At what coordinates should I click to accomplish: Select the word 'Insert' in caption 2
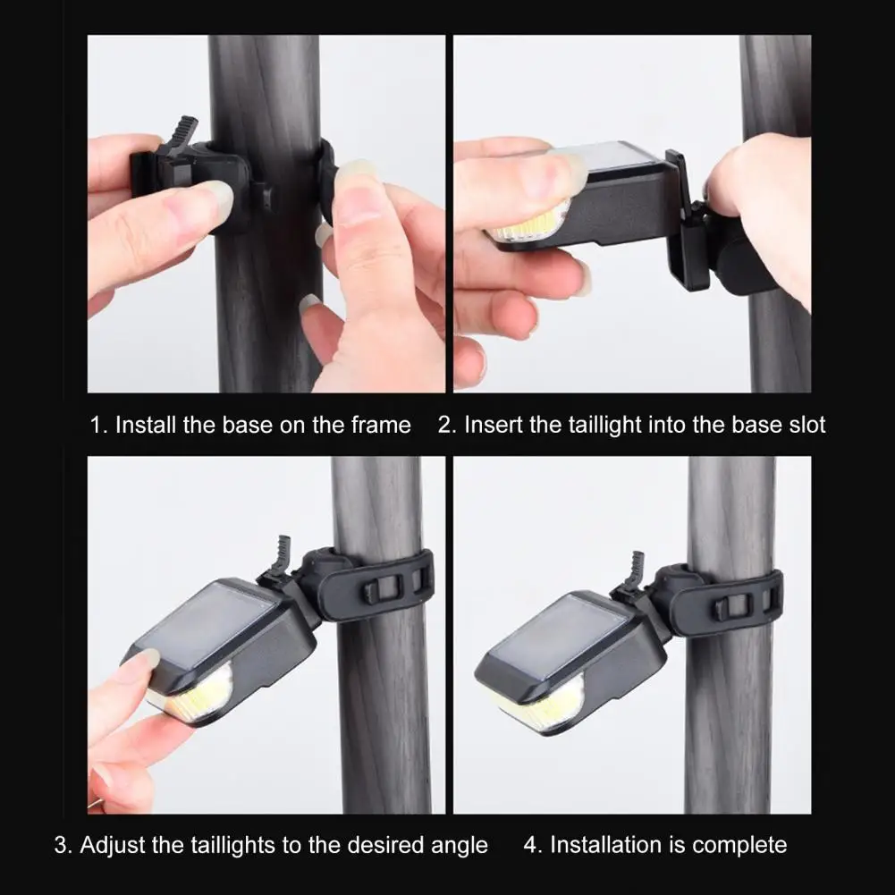click(x=494, y=424)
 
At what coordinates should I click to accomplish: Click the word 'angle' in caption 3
click(x=456, y=845)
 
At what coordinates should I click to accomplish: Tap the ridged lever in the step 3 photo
click(x=283, y=553)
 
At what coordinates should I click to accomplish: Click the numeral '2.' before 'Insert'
click(x=445, y=424)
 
